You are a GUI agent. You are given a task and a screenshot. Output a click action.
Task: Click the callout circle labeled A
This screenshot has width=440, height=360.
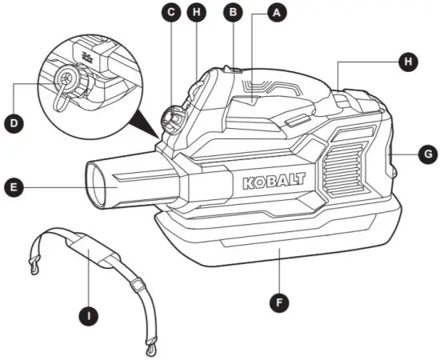click(277, 14)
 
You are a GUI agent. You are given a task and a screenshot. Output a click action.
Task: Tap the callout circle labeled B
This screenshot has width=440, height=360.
click(233, 13)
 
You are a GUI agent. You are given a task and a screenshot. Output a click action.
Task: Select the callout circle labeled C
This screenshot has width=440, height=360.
click(170, 13)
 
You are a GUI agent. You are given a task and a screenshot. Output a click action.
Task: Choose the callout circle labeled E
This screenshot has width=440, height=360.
click(14, 188)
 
